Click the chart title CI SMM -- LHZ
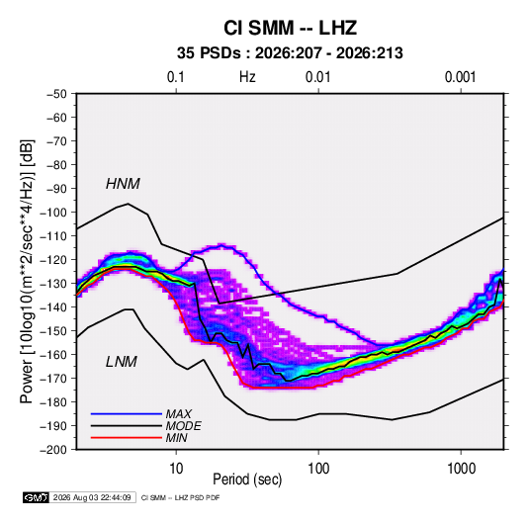[x=290, y=28]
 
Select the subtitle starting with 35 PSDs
[x=290, y=53]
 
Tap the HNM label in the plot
[x=123, y=184]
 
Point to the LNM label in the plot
[x=122, y=362]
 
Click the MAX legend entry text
[x=178, y=414]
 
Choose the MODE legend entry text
[x=183, y=426]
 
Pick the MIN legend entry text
[x=176, y=438]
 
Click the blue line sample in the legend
[x=127, y=414]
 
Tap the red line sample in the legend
[x=127, y=438]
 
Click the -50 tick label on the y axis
[x=56, y=94]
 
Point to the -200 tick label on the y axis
[x=53, y=450]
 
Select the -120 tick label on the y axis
[x=53, y=260]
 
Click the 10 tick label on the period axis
[x=176, y=469]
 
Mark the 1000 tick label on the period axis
[x=461, y=469]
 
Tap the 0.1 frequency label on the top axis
[x=176, y=77]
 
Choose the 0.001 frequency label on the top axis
[x=460, y=77]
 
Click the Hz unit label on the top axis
[x=247, y=77]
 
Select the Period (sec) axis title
[x=247, y=479]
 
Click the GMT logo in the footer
[x=37, y=497]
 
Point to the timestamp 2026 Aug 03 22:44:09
[x=92, y=497]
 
